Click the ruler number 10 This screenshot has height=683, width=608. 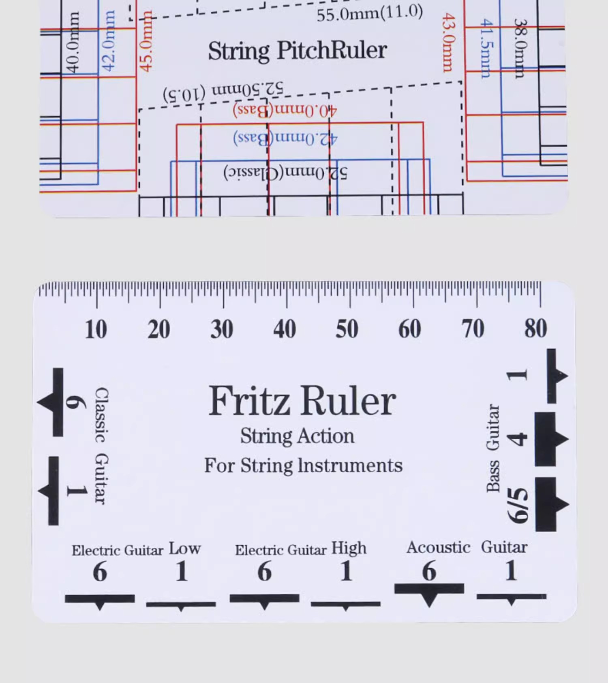tap(96, 329)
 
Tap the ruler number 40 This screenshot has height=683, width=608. tap(285, 329)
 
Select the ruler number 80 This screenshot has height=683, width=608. tap(535, 328)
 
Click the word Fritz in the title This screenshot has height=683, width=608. tap(249, 401)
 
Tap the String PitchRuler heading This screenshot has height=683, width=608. tap(298, 51)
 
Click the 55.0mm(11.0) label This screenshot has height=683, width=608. tap(370, 14)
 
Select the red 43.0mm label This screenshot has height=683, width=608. tap(448, 42)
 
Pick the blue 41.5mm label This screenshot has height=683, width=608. tap(486, 48)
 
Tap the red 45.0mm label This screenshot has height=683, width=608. tap(146, 41)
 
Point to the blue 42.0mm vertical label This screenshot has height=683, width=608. tap(109, 41)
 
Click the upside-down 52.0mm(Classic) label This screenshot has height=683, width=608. tap(285, 173)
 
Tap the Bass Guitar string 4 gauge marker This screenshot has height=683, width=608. tap(550, 439)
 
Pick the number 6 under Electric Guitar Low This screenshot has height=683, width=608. tap(100, 572)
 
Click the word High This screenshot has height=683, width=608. tap(349, 548)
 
